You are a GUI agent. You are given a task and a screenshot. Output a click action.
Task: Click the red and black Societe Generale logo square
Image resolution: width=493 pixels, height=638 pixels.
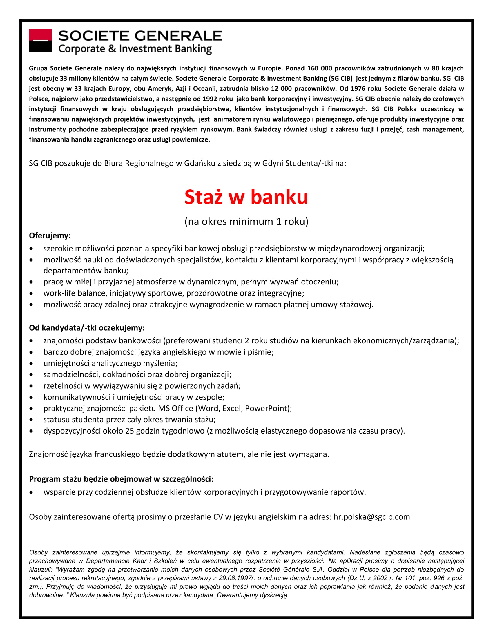coord(40,41)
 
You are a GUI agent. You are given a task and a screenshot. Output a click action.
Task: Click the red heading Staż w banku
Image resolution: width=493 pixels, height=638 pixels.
coord(246,197)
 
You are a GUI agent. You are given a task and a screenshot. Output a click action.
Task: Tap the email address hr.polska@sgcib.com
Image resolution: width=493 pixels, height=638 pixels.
coord(371,517)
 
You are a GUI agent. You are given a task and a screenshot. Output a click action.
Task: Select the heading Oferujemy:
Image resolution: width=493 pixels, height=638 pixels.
coord(50,235)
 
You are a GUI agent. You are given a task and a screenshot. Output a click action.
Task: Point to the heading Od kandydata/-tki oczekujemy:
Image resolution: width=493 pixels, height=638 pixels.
coord(87,328)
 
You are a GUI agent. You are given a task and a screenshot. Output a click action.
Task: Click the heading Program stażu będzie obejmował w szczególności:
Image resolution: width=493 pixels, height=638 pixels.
coord(121,479)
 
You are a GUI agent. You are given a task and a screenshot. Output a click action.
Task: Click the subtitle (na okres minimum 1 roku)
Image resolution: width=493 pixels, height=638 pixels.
coord(246,222)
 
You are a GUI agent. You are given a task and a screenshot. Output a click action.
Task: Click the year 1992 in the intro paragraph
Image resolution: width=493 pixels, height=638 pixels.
coord(210,99)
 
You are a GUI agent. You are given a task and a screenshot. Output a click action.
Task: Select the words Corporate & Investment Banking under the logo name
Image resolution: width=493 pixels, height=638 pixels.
coord(135,49)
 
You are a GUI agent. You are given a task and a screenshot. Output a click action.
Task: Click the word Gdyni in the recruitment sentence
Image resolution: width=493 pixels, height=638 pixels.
coord(273,163)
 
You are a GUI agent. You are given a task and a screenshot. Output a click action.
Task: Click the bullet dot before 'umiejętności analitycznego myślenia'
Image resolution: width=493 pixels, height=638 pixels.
coord(31,364)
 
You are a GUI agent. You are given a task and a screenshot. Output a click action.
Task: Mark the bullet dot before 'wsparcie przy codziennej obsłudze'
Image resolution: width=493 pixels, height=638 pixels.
coord(31,492)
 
